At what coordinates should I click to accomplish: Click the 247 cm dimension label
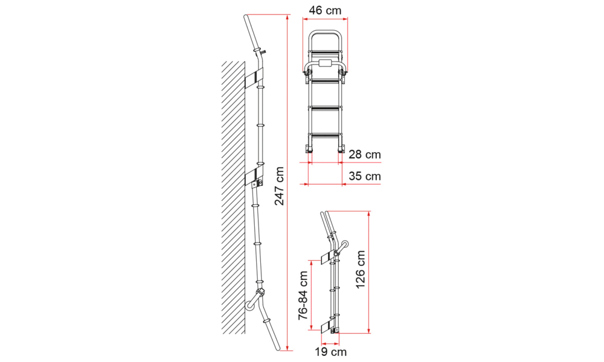[280, 186]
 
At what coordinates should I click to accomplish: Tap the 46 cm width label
[325, 10]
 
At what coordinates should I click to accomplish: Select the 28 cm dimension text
[364, 154]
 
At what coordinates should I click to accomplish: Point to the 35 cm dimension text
[364, 176]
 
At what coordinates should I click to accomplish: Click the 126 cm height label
[360, 270]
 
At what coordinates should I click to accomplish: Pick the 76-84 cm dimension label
[303, 296]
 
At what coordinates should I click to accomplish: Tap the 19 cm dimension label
[330, 352]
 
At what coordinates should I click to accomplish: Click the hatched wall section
[233, 197]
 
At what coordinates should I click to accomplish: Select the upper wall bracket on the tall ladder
[254, 78]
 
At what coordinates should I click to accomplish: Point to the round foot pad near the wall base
[250, 306]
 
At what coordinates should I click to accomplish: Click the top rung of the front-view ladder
[325, 52]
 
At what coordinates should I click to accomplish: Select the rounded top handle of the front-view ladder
[325, 31]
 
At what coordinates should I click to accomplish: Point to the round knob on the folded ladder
[344, 245]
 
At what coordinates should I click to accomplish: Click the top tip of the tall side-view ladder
[246, 16]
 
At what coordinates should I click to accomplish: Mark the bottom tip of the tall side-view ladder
[278, 349]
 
